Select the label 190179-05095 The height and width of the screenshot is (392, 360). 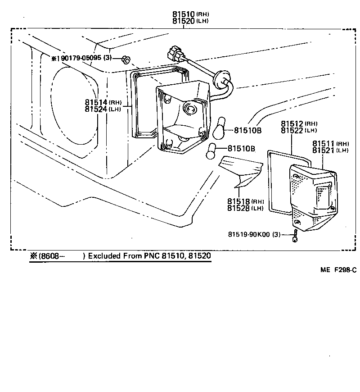click(77, 58)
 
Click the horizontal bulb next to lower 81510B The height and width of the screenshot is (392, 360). click(211, 152)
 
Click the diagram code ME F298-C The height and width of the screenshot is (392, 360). click(338, 270)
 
